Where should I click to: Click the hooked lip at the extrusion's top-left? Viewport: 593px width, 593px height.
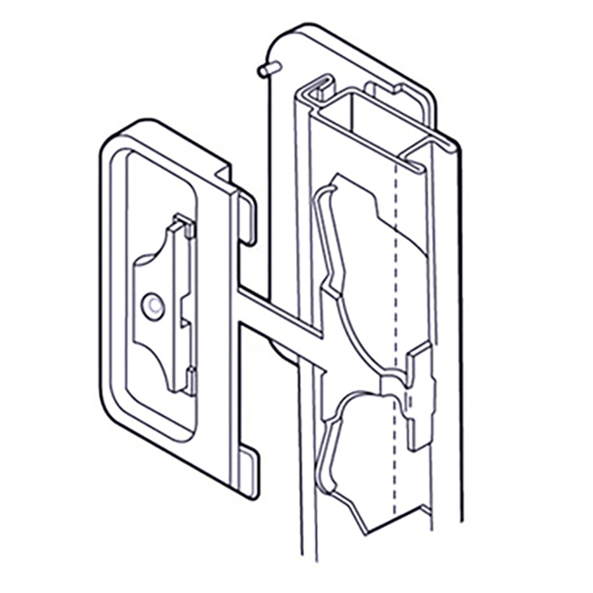click(x=317, y=89)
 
